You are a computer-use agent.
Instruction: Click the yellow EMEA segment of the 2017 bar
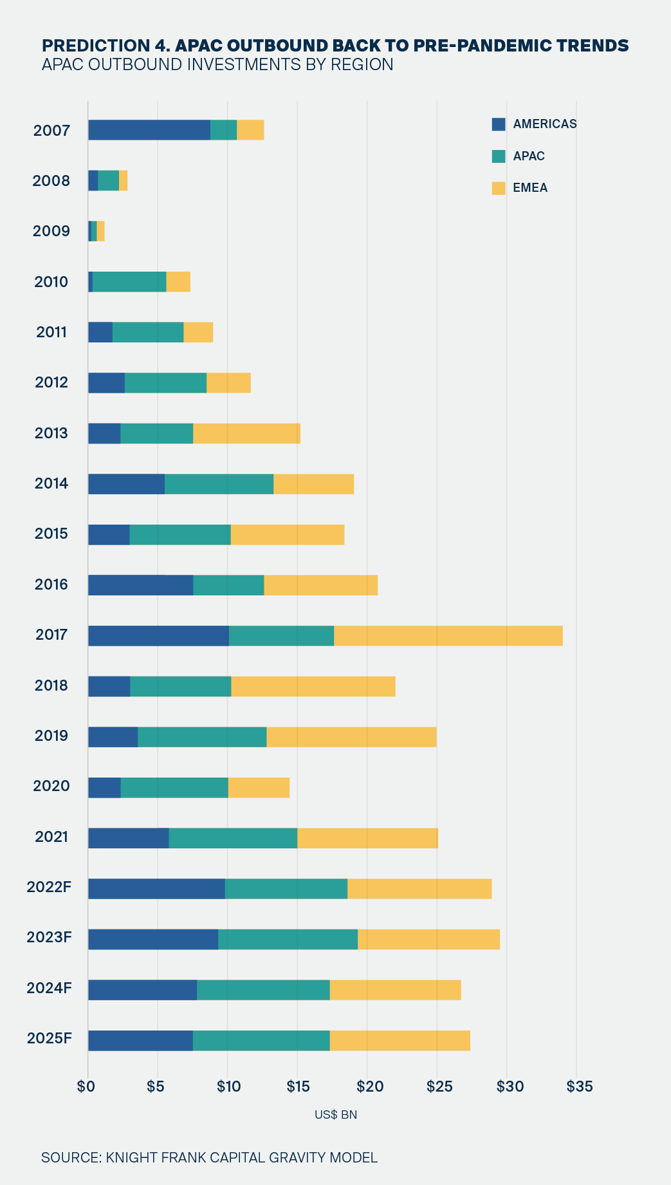click(448, 635)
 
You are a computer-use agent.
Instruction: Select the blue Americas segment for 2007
click(149, 130)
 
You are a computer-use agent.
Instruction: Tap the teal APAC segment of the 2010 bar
click(129, 282)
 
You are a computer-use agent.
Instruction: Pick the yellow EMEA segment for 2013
click(247, 433)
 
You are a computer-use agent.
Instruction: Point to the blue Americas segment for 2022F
click(156, 888)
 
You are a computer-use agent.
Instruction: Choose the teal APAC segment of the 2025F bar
click(261, 1040)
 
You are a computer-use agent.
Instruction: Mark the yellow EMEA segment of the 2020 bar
click(259, 787)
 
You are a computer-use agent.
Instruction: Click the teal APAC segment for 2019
click(202, 737)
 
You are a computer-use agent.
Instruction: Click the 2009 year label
click(51, 231)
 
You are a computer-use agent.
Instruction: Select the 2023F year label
click(49, 937)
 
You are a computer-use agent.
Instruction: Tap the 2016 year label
click(51, 584)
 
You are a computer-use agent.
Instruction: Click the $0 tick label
click(86, 1087)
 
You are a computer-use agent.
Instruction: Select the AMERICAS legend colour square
click(499, 124)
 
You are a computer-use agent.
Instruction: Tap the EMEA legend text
click(530, 189)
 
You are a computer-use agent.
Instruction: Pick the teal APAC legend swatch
click(499, 156)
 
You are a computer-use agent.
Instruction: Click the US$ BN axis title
click(336, 1115)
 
